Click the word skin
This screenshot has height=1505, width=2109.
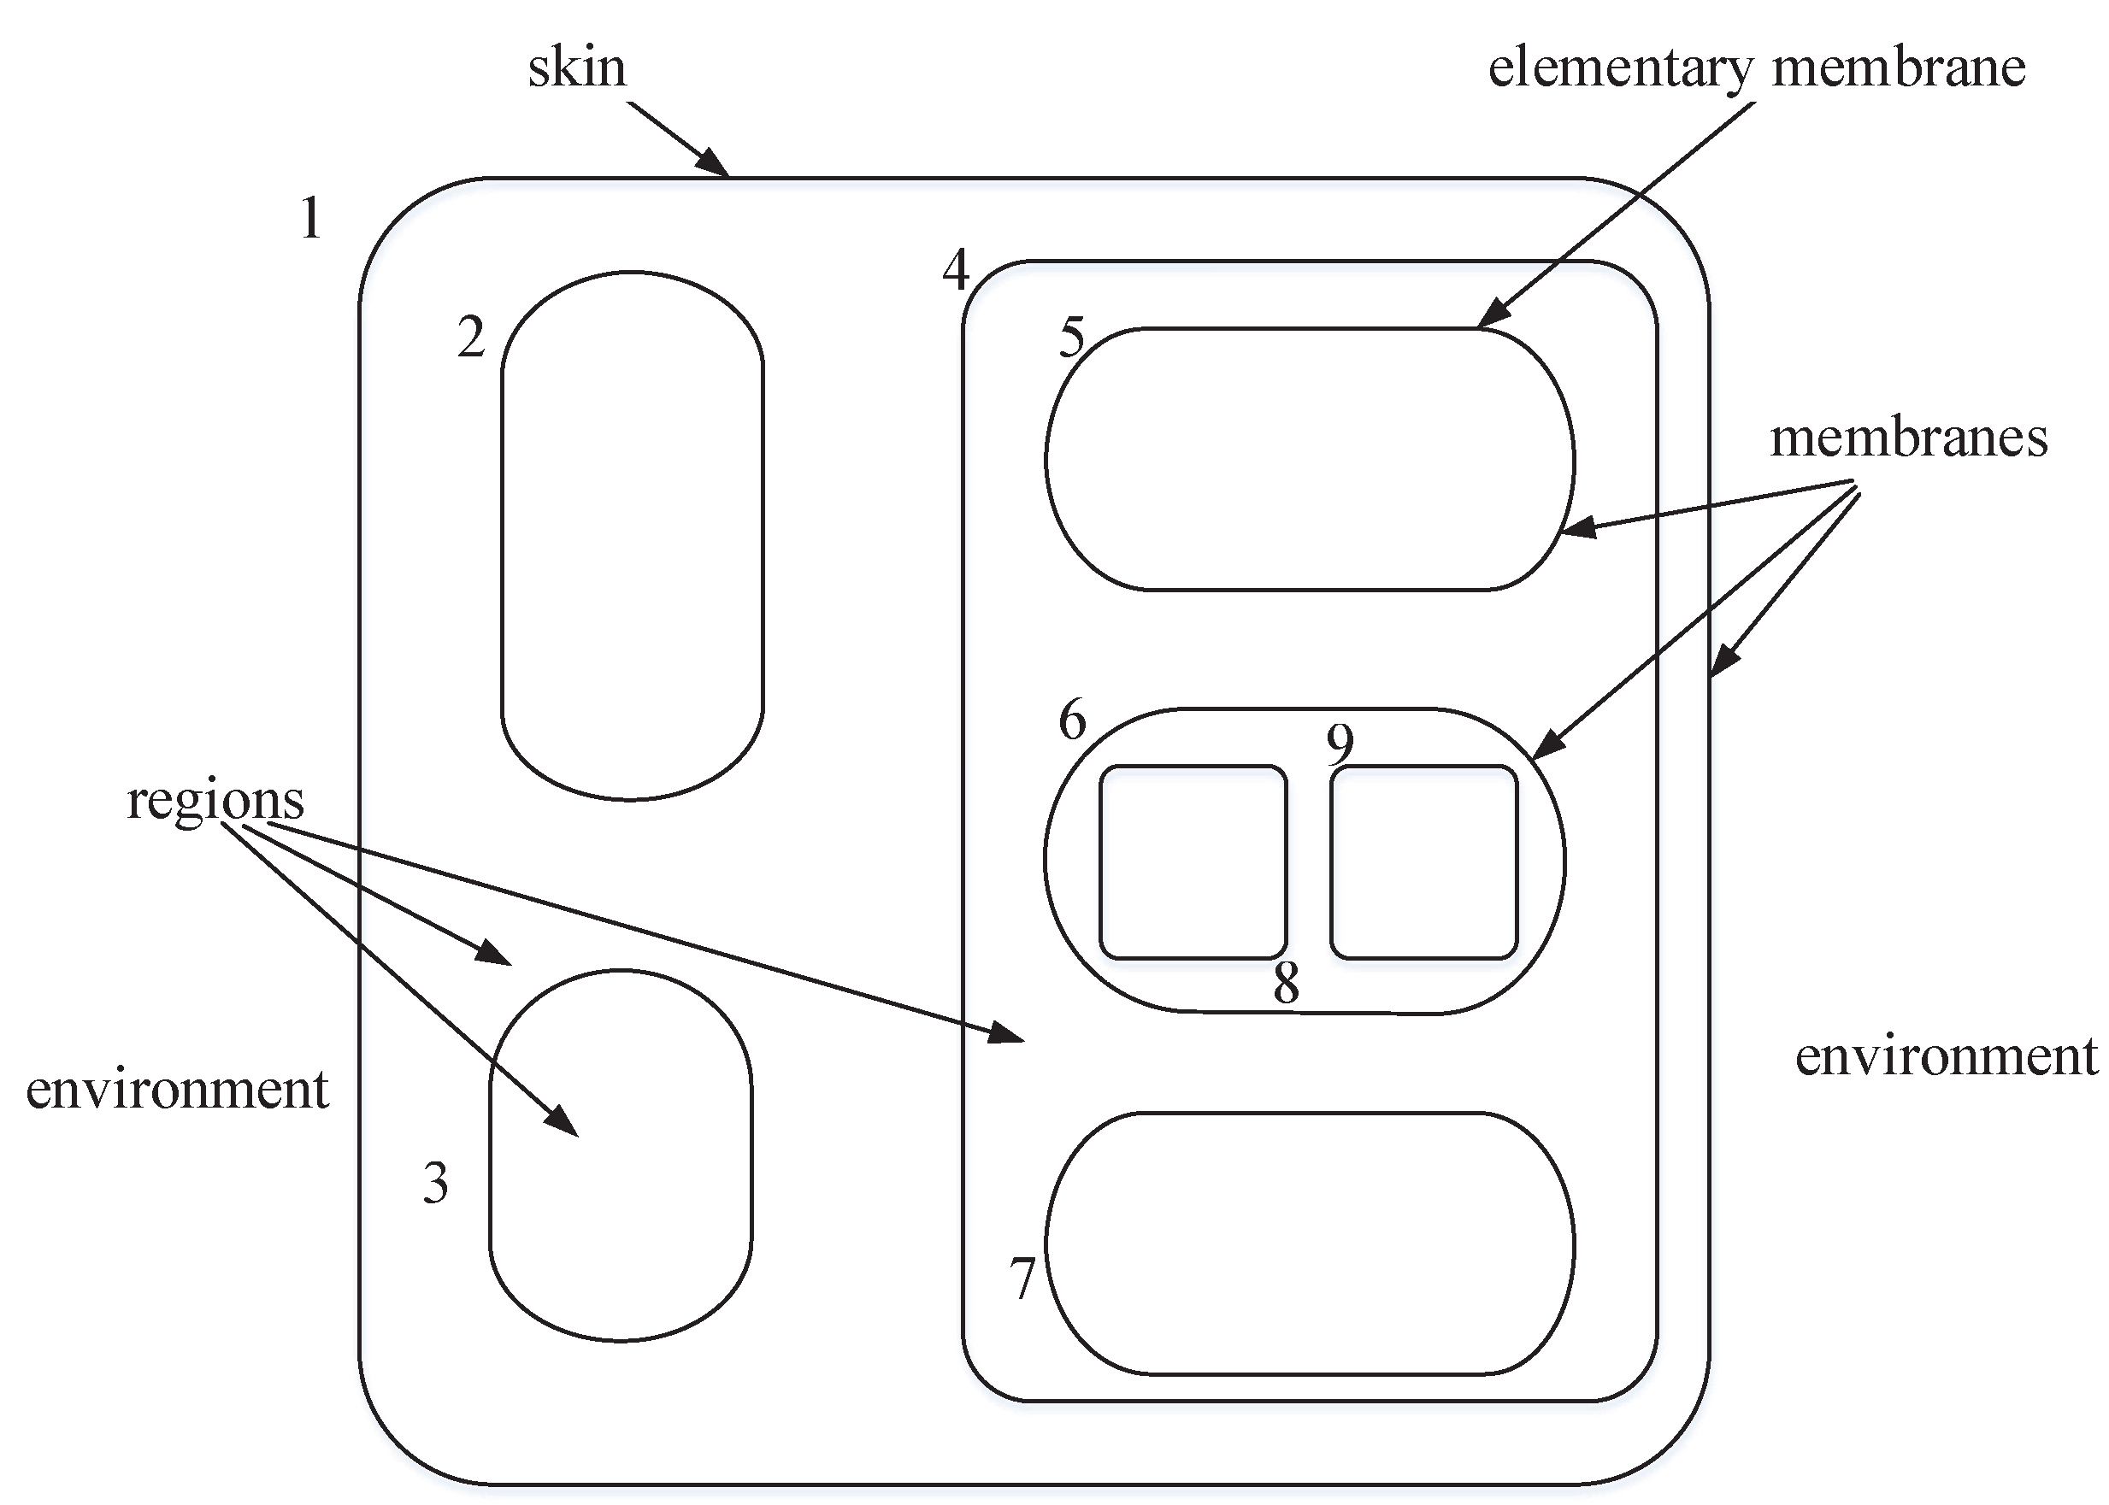coord(576,68)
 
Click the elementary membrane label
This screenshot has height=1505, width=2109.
coord(1756,68)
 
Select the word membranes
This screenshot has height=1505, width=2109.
coord(1908,438)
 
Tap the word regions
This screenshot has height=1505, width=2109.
coord(215,799)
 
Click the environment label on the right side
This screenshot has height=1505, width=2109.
coord(1946,1055)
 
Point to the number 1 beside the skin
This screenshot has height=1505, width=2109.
coord(311,219)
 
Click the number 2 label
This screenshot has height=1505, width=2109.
coord(471,338)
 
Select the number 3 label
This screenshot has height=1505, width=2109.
coord(436,1183)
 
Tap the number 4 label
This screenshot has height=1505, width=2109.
coord(956,270)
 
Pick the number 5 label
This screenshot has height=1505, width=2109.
coord(1072,338)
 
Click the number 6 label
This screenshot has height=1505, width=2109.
coord(1073,720)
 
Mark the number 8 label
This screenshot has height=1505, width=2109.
coord(1286,984)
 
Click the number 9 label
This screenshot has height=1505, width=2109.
coord(1340,743)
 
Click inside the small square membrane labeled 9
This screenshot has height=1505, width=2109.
coord(1423,861)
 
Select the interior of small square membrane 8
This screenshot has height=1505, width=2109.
coord(1193,861)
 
